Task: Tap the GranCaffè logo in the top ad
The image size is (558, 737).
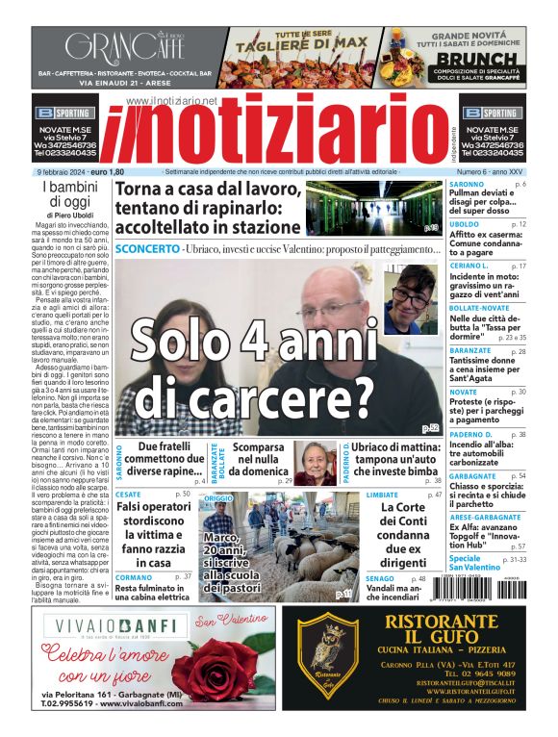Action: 124,45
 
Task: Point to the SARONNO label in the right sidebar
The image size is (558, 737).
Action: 468,183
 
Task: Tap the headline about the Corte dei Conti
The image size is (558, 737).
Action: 402,534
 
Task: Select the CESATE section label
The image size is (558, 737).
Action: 128,495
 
